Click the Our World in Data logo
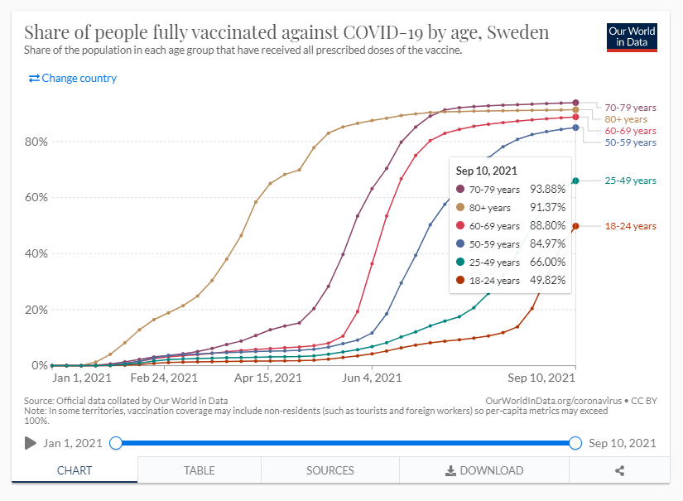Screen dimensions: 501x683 tap(632, 37)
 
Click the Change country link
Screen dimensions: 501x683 tap(73, 79)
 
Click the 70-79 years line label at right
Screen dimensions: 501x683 tap(630, 108)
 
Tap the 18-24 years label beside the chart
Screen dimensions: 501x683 tap(630, 226)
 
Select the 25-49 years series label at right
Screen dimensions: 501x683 tap(630, 181)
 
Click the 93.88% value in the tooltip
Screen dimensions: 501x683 tap(547, 190)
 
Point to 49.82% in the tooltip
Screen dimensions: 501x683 tap(547, 280)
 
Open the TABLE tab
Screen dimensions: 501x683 tap(199, 470)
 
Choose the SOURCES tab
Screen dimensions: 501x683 tap(329, 470)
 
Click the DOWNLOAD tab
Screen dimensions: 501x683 tap(484, 470)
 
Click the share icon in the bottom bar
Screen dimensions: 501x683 tap(619, 470)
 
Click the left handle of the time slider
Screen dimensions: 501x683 tap(116, 443)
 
